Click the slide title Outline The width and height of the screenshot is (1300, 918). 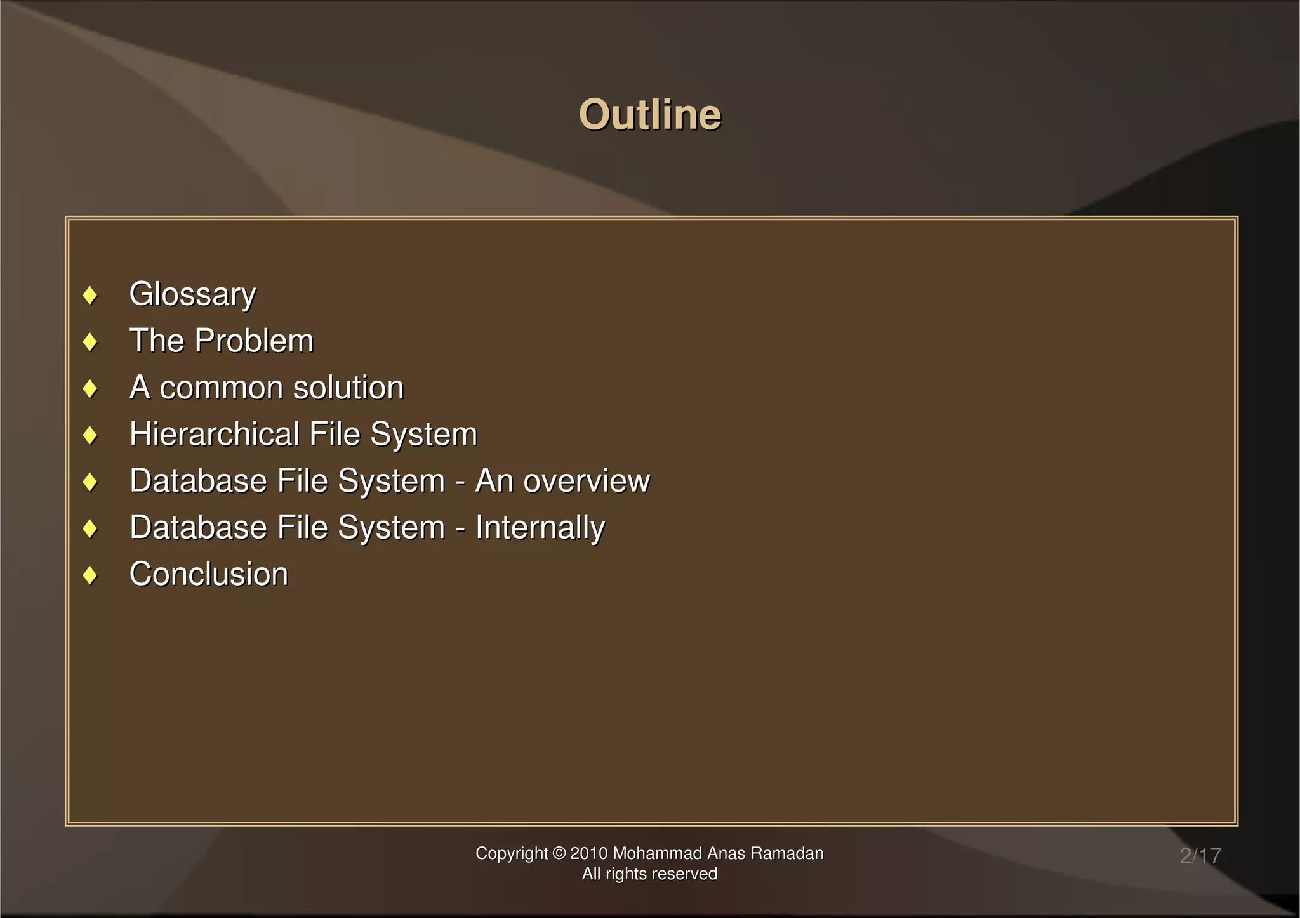[x=650, y=115]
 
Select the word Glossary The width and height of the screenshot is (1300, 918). [x=192, y=294]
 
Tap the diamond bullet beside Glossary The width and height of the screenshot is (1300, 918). [x=90, y=295]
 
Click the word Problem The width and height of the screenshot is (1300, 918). [x=254, y=341]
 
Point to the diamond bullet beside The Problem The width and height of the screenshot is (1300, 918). [x=90, y=342]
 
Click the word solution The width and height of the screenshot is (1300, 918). [x=348, y=388]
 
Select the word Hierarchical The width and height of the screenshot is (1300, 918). [x=214, y=434]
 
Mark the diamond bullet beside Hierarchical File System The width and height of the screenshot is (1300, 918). [x=90, y=435]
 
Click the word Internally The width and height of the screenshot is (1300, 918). [x=540, y=528]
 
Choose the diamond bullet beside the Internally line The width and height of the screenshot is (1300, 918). [x=90, y=528]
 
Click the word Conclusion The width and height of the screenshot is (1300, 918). [x=209, y=574]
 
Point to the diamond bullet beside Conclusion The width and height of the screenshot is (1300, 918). [x=90, y=575]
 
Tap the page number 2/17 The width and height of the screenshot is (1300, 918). [x=1200, y=856]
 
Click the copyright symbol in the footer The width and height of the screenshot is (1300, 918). [x=559, y=853]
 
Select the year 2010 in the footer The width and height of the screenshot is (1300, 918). [x=589, y=853]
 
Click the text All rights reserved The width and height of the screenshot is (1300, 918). [x=649, y=874]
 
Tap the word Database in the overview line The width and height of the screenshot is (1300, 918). [x=189, y=481]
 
